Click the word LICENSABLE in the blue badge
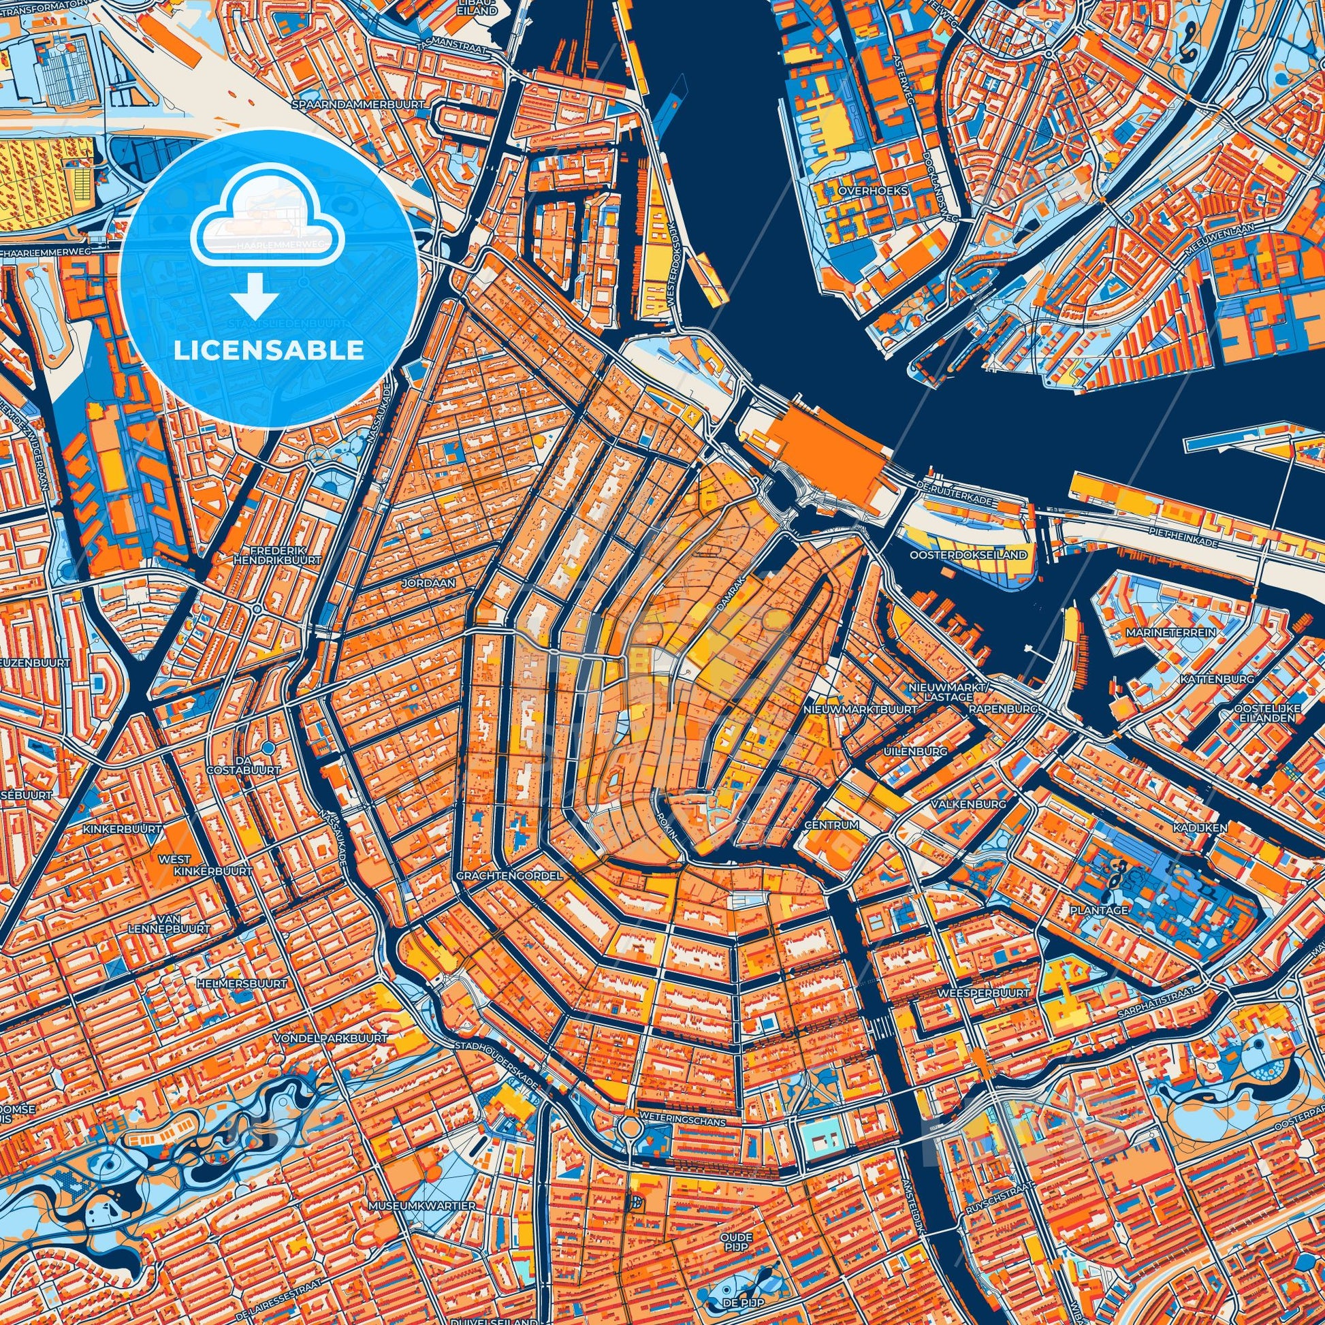(x=269, y=351)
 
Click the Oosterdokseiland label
(x=968, y=554)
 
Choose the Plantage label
(x=1098, y=910)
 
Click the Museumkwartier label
(x=421, y=1166)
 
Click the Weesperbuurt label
(x=983, y=992)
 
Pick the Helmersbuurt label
(x=240, y=983)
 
